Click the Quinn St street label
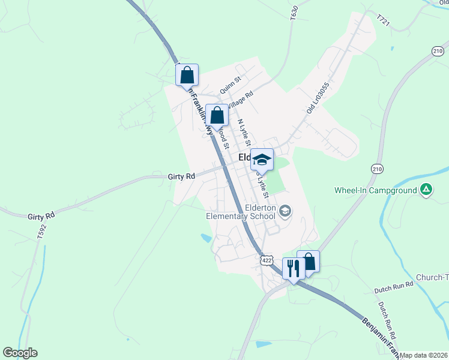pyautogui.click(x=230, y=85)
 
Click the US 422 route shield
pyautogui.click(x=267, y=260)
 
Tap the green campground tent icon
pyautogui.click(x=426, y=190)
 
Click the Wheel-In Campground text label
pyautogui.click(x=376, y=191)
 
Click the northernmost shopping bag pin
pyautogui.click(x=187, y=75)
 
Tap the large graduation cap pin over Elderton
pyautogui.click(x=262, y=159)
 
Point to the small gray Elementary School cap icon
pyautogui.click(x=285, y=211)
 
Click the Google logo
pyautogui.click(x=20, y=353)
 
